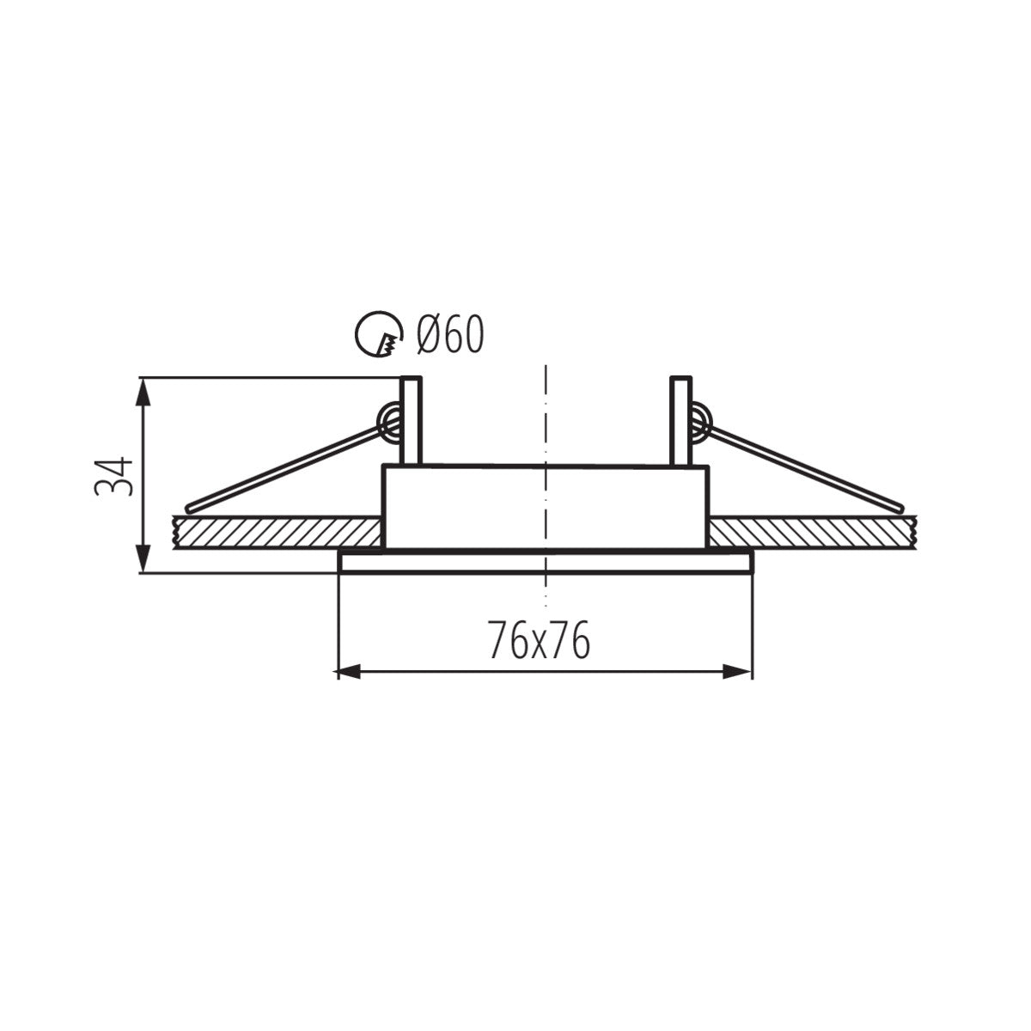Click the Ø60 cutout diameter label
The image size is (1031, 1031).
pos(449,335)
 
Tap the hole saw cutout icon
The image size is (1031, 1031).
pos(379,334)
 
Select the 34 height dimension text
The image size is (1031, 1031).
pos(114,475)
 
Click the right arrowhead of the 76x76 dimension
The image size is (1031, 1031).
pos(739,671)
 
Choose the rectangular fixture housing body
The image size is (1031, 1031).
pos(546,507)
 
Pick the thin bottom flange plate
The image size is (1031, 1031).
pos(546,563)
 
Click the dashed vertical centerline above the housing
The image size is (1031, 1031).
pos(546,412)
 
